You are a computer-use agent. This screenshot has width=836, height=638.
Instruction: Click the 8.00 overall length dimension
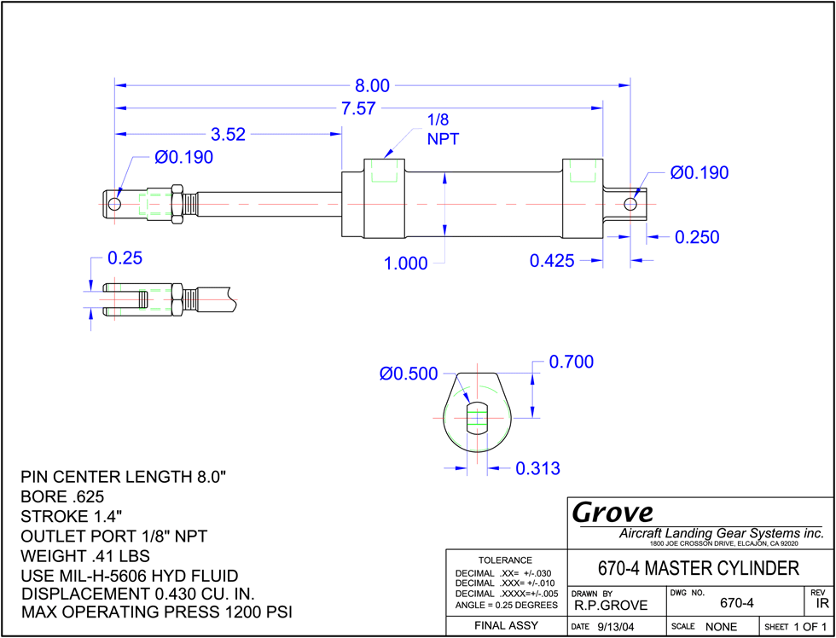coord(373,86)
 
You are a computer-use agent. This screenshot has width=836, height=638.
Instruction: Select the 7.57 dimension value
coord(359,108)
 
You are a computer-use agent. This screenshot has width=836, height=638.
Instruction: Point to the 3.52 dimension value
coord(229,134)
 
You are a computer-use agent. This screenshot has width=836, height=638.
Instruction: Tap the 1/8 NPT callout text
coord(443,130)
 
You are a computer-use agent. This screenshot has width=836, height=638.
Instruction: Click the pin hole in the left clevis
coord(113,205)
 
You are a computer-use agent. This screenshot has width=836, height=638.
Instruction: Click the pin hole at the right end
coord(630,204)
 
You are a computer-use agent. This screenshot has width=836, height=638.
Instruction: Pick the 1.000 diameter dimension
coord(406,264)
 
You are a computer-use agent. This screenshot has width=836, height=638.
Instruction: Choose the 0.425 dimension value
coord(552,261)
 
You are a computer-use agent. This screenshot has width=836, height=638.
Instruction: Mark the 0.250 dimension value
coord(697,237)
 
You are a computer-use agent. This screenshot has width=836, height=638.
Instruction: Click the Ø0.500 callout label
coord(409,374)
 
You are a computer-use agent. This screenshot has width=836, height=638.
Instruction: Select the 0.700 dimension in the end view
coord(571,362)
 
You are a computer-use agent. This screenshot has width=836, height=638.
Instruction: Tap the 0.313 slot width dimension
coord(537,468)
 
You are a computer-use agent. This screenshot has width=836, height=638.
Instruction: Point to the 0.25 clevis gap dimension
coord(125,258)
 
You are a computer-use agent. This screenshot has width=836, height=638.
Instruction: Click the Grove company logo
coord(612,513)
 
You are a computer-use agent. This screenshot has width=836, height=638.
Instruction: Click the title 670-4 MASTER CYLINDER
coord(699,568)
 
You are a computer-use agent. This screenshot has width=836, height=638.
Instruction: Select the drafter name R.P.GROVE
coord(611,605)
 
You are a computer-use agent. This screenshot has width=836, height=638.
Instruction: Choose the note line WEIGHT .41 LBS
coord(84,556)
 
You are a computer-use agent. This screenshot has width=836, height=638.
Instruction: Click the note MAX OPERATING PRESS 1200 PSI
coord(157,612)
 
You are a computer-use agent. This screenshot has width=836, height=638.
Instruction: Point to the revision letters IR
coord(821,604)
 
